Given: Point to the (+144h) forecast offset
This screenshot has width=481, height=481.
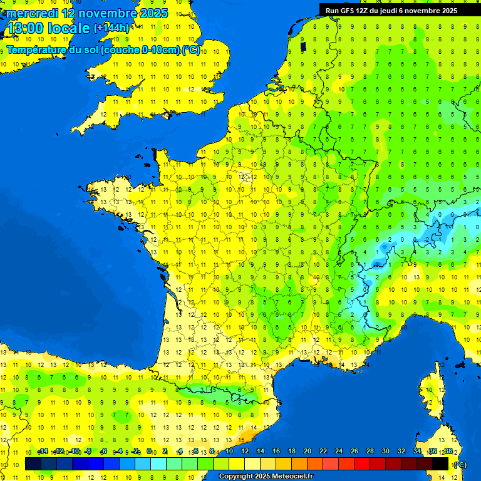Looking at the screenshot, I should (x=111, y=28).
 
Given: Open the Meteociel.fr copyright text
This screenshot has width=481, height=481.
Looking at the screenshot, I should (x=292, y=477).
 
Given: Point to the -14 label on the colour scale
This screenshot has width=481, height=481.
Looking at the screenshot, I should (x=43, y=451).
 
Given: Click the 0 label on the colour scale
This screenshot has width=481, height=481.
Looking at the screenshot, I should (x=149, y=451).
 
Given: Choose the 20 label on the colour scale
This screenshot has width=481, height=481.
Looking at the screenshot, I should (x=308, y=451).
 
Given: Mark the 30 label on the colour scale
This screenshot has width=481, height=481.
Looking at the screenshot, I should (x=386, y=451).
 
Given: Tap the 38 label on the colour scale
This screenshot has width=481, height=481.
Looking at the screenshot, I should (x=448, y=451).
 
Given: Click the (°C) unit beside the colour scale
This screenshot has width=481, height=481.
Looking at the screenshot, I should (x=460, y=465).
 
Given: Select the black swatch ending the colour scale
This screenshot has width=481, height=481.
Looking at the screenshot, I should (x=440, y=464).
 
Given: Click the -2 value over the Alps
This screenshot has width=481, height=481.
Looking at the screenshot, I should (x=427, y=239).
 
